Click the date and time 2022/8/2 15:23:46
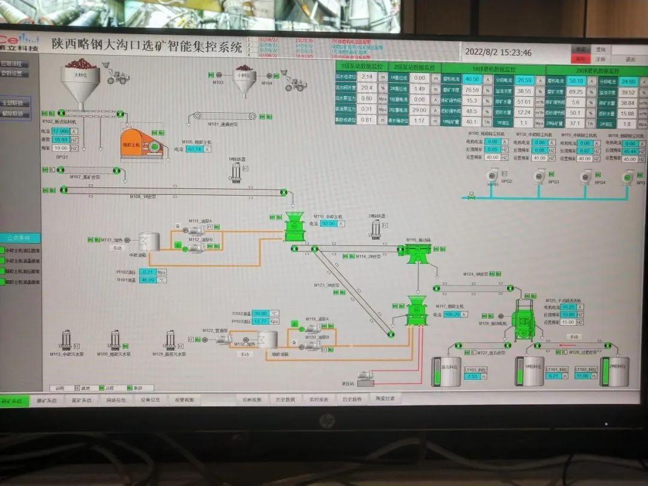(x=498, y=52)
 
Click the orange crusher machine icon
(x=142, y=142)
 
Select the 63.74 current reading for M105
(x=195, y=149)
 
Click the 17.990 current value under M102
(x=61, y=131)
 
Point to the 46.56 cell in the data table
(x=472, y=79)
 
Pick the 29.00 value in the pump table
(x=420, y=110)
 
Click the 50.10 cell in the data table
(x=576, y=81)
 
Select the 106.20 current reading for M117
(x=453, y=314)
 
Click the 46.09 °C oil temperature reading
(x=148, y=280)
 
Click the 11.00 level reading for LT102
(x=582, y=376)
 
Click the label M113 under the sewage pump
(x=65, y=354)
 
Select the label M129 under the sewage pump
(x=167, y=354)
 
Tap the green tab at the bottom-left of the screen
(x=13, y=400)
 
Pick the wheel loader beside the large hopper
(x=118, y=76)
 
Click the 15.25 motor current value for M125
(x=568, y=307)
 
